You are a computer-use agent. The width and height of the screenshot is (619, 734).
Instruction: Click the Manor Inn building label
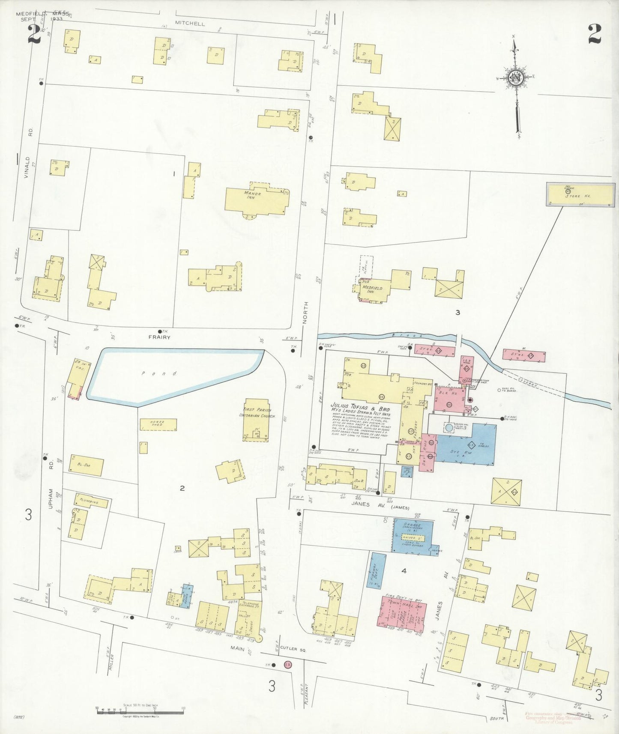[x=253, y=196]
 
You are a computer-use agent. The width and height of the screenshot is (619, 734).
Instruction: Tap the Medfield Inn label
[x=372, y=289]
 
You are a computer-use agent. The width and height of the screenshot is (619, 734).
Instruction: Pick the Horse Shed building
[x=158, y=424]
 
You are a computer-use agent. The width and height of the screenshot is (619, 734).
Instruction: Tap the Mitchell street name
[x=190, y=24]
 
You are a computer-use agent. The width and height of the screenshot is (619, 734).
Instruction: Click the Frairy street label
[x=159, y=337]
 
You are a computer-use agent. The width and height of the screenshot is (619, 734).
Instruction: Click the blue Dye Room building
[x=466, y=444]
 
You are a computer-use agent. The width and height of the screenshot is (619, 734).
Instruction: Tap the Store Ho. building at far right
[x=580, y=195]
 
